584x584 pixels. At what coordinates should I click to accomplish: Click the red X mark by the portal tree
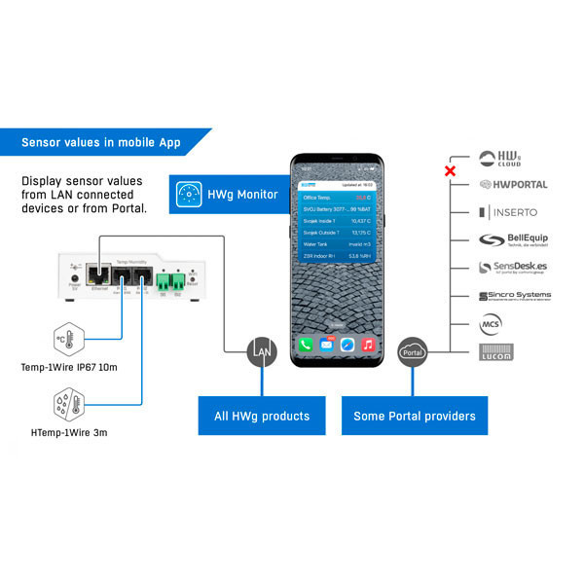[x=450, y=172]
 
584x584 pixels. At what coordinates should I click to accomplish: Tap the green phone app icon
[x=305, y=344]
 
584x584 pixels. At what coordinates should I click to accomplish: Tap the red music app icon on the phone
[x=368, y=344]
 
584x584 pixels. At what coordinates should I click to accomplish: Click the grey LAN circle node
[x=261, y=349]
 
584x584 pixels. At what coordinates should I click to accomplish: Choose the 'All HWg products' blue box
[x=262, y=416]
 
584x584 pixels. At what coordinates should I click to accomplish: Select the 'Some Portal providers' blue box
[x=415, y=416]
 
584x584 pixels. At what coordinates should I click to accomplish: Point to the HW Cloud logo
[x=499, y=157]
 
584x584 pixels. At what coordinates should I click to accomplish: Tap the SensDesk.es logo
[x=514, y=267]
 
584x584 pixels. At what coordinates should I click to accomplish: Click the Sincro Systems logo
[x=514, y=296]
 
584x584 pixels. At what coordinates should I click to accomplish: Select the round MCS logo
[x=492, y=323]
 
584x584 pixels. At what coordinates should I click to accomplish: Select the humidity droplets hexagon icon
[x=68, y=402]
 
